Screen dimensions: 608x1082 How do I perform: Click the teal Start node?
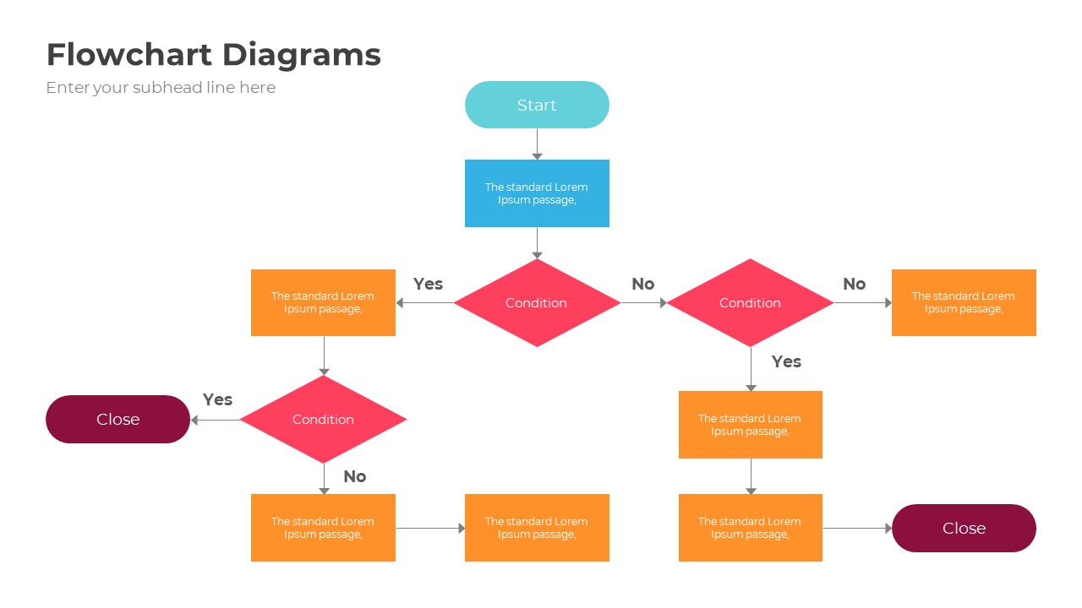pos(537,105)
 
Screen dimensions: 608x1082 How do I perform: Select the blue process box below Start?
pos(537,193)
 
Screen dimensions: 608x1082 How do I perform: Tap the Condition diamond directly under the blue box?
pos(537,302)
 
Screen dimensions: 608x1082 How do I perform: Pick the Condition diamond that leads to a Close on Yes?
pos(323,419)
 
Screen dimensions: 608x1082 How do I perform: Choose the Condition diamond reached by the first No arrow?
pos(750,302)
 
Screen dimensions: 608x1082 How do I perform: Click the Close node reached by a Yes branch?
pos(117,419)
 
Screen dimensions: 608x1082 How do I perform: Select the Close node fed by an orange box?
pos(964,528)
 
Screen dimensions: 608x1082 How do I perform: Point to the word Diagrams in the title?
pos(302,55)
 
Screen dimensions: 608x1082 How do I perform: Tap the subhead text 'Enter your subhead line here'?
pos(161,88)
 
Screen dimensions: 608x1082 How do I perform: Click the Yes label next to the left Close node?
pos(217,399)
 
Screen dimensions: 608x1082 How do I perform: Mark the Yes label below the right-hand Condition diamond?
pos(786,361)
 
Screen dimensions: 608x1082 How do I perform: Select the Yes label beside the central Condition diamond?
pos(428,284)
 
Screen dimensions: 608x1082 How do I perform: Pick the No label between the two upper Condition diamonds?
pos(642,284)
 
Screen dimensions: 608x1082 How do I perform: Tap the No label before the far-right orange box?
pos(854,284)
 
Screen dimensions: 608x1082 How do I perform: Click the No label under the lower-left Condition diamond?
pos(354,476)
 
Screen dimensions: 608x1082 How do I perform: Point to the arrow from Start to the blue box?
pos(537,144)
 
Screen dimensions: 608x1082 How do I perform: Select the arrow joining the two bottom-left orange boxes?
pos(429,529)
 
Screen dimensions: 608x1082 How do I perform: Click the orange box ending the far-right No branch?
pos(964,302)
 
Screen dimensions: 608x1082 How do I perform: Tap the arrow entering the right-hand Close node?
pos(856,529)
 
